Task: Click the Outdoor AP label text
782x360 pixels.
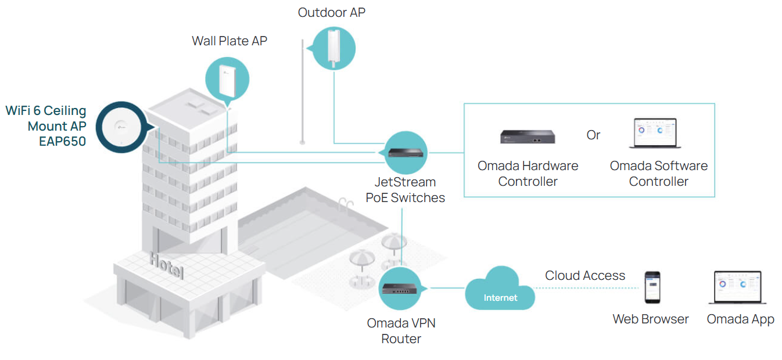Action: tap(332, 12)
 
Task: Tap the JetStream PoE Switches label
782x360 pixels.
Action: tap(405, 190)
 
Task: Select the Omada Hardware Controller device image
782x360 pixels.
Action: tap(528, 136)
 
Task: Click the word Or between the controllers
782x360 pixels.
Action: tap(593, 135)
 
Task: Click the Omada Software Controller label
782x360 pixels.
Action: tap(658, 174)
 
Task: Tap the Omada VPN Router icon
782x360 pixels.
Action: tap(401, 289)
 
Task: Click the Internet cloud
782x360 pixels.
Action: tap(500, 290)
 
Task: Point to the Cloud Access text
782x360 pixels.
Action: tap(584, 275)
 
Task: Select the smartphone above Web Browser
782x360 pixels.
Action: tap(652, 287)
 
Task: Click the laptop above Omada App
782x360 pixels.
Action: tap(737, 287)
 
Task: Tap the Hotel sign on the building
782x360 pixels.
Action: tap(166, 264)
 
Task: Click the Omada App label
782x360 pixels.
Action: tap(740, 319)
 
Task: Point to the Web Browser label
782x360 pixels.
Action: tap(650, 319)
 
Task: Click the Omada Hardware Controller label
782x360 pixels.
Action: tap(528, 174)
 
